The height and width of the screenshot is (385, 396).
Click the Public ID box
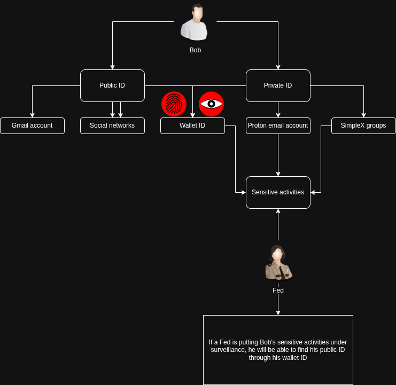point(112,85)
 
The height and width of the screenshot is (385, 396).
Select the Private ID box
point(278,85)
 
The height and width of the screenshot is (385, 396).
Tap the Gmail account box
point(32,125)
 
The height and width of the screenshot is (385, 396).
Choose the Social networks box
point(112,125)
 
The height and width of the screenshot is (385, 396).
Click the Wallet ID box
point(192,125)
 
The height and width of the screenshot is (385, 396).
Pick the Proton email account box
point(278,125)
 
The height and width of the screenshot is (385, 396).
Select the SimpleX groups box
point(363,125)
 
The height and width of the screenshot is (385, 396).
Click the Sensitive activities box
point(278,192)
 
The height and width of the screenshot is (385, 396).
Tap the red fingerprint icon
point(174,104)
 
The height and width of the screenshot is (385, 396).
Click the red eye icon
point(212,104)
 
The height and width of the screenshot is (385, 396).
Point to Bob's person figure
point(194,22)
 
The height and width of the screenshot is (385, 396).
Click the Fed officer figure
point(278,262)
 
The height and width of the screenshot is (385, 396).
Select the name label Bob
point(195,50)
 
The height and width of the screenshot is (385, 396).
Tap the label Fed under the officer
point(278,290)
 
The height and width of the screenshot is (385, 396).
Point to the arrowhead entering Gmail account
point(32,115)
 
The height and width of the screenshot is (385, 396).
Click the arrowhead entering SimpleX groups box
point(364,115)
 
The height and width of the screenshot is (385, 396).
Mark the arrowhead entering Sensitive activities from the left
point(244,192)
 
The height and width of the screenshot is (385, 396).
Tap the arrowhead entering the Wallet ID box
point(192,115)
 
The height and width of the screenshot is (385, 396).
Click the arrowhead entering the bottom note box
point(278,313)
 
